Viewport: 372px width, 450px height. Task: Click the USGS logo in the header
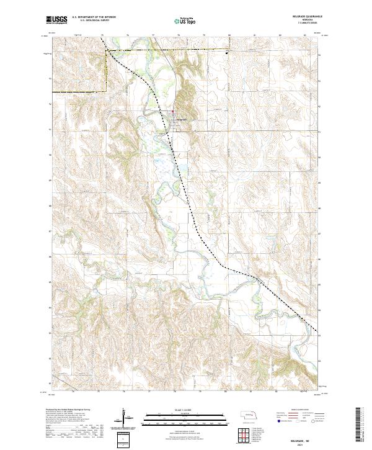[x=56, y=20]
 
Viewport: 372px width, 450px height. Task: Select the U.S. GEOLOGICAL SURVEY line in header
[x=92, y=21]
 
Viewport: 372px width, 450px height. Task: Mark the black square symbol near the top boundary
[x=226, y=53]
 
